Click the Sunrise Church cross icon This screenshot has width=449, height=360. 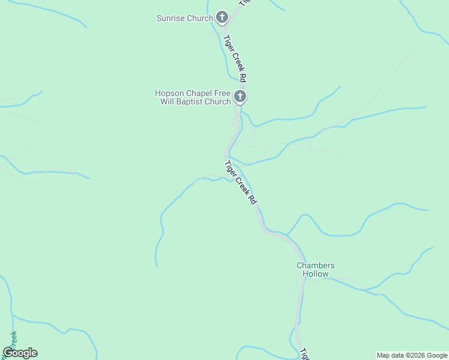(x=222, y=17)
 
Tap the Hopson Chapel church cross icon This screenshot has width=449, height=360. (x=240, y=97)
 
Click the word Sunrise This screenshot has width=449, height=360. (x=170, y=19)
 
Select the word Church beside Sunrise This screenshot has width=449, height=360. (x=200, y=19)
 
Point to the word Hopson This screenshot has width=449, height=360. (x=169, y=93)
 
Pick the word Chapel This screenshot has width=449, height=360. (x=197, y=93)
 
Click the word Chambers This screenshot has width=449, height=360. (x=315, y=265)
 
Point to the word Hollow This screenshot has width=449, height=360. (x=315, y=274)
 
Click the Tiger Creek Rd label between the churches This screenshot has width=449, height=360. (x=235, y=59)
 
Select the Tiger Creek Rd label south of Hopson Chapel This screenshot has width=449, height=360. (x=241, y=183)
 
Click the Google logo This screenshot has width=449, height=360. (x=20, y=353)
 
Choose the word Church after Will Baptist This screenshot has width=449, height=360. (x=217, y=101)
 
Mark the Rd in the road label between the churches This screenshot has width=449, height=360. (x=242, y=77)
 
